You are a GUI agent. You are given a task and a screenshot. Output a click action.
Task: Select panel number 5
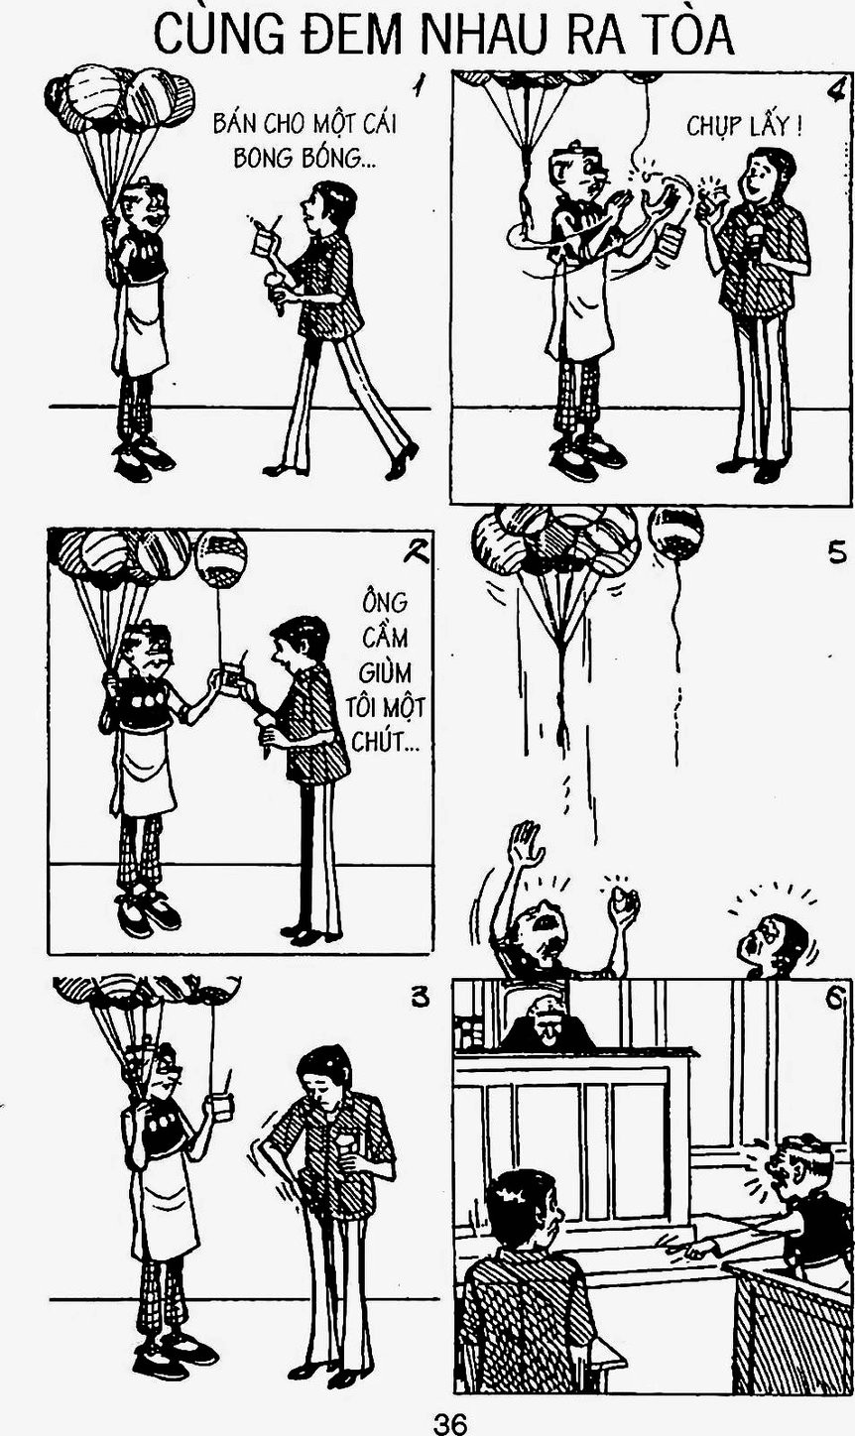pos(837,552)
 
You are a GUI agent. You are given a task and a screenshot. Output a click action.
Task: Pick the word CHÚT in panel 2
pos(381,743)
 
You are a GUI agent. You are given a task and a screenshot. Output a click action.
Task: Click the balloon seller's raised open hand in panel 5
pos(526,839)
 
